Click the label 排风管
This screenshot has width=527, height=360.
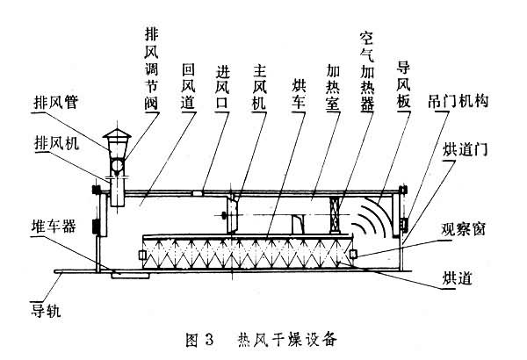[x=55, y=103]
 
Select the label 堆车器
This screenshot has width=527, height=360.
[x=54, y=226]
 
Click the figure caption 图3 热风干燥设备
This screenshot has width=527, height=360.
[x=264, y=336]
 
